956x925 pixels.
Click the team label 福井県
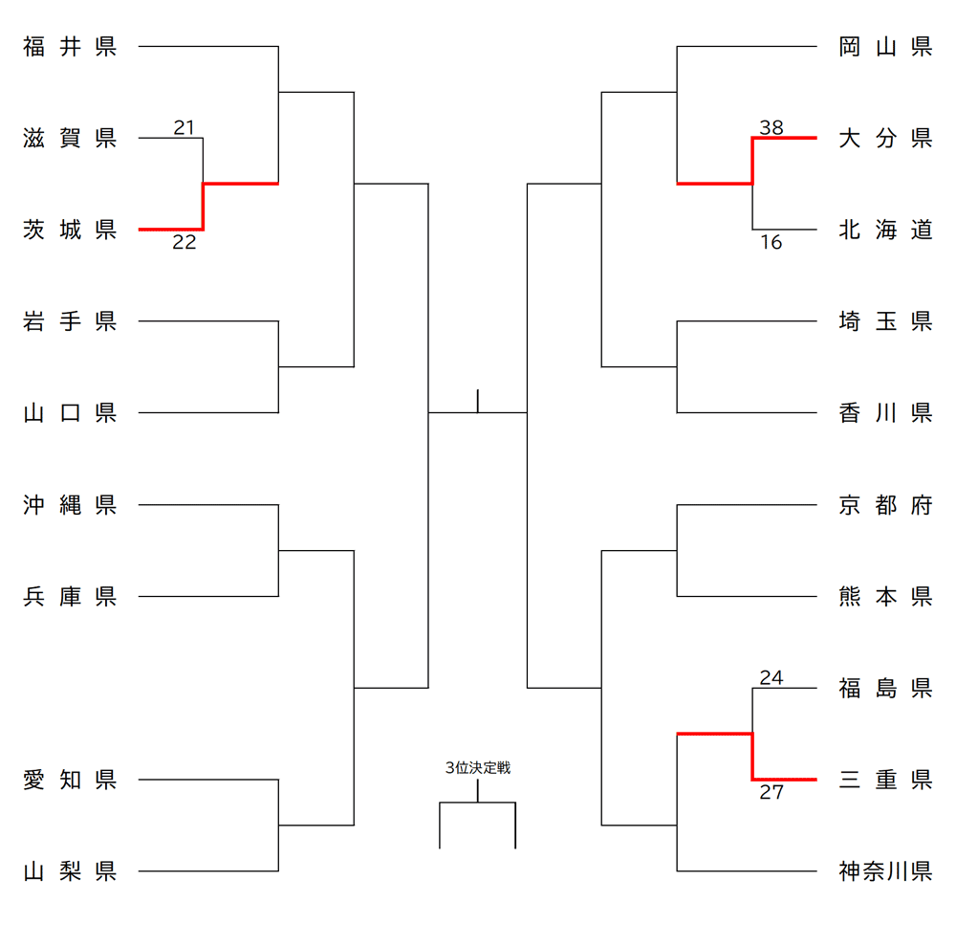(x=70, y=47)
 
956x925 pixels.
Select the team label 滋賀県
(x=70, y=139)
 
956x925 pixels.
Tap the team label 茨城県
(x=70, y=230)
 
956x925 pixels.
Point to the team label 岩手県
(x=70, y=321)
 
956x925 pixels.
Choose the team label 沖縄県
(x=70, y=505)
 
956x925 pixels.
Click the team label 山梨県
(x=70, y=871)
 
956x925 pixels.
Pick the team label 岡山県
(x=885, y=47)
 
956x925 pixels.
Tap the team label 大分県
(x=885, y=139)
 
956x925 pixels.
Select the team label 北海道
(x=885, y=230)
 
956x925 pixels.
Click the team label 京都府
(x=885, y=505)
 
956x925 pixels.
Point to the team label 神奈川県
(x=885, y=871)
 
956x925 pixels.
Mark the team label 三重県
(x=885, y=780)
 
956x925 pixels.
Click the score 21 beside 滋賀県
(x=185, y=127)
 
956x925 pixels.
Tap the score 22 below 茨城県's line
(x=185, y=243)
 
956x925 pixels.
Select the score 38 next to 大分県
(x=771, y=127)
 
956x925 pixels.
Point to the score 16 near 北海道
(x=771, y=243)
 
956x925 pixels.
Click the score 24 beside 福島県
(x=771, y=678)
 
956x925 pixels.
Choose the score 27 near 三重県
(x=771, y=792)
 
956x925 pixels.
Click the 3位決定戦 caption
(x=478, y=768)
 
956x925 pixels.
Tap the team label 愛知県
(x=70, y=780)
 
